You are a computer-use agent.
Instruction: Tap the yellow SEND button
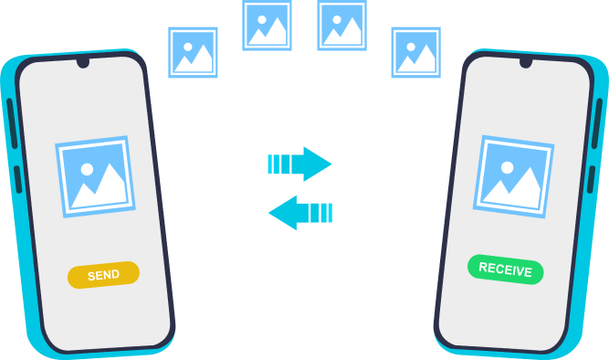[103, 275]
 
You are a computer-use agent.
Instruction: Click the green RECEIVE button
[505, 270]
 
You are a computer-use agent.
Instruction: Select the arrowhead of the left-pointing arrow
[283, 213]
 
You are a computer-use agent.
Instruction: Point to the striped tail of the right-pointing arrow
[279, 164]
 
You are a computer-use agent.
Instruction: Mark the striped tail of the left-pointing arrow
[320, 213]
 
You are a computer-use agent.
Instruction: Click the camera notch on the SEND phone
[83, 62]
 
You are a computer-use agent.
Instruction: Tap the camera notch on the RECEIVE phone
[526, 62]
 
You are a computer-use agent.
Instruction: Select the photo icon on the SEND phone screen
[95, 176]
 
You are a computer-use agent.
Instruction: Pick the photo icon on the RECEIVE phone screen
[513, 176]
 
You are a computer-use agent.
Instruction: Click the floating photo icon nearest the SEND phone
[193, 52]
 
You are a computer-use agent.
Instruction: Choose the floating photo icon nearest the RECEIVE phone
[416, 52]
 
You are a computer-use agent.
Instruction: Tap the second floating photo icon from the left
[267, 26]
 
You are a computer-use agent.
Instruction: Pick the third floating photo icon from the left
[341, 26]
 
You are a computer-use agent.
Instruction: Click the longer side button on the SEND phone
[12, 123]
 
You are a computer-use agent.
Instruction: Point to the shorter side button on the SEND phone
[18, 180]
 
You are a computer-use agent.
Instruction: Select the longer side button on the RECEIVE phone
[597, 123]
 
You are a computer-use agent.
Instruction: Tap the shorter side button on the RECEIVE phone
[591, 180]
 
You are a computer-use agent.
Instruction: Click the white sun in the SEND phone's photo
[87, 170]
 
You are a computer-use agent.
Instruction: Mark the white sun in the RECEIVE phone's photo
[508, 167]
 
